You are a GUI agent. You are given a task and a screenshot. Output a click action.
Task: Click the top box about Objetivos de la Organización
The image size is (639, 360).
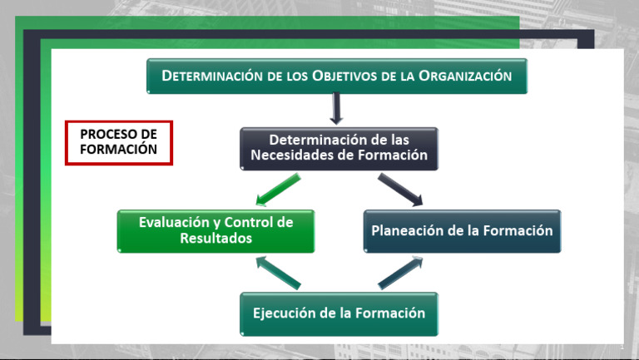[x=337, y=76]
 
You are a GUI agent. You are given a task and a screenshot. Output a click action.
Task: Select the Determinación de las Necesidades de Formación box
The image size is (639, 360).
[x=338, y=148]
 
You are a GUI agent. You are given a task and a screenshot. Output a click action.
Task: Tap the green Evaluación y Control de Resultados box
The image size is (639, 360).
[x=215, y=230]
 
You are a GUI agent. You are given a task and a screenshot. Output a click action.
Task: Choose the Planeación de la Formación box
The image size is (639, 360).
[x=462, y=230]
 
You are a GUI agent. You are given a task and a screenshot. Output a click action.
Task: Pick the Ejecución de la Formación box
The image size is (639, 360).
[x=339, y=313]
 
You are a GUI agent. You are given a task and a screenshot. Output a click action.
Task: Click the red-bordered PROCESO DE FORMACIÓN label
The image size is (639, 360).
[x=118, y=142]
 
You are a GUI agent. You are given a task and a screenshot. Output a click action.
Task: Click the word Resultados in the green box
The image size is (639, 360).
[x=215, y=239]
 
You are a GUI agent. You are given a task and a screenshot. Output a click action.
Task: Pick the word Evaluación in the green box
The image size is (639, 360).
[x=169, y=222]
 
